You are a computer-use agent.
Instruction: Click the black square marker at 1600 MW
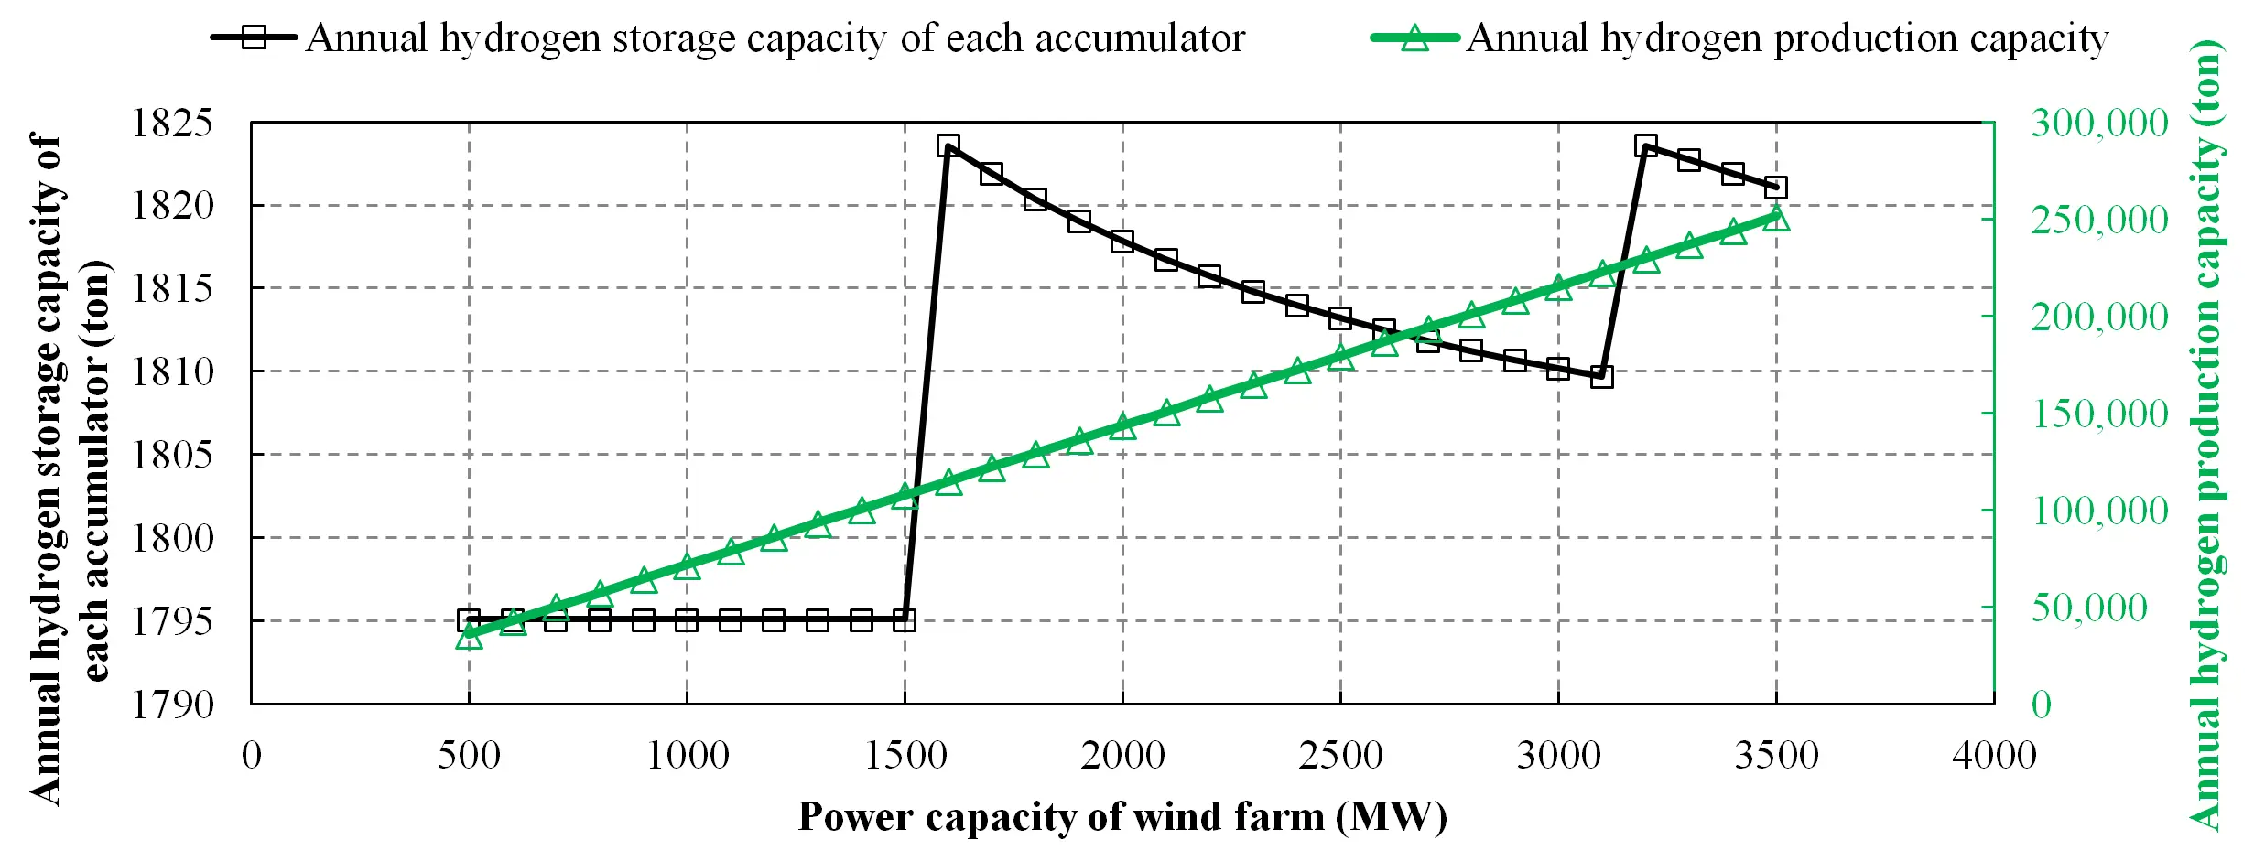(x=948, y=145)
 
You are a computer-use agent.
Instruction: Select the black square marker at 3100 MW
(x=1602, y=376)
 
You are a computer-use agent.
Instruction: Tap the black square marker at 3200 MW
(x=1646, y=145)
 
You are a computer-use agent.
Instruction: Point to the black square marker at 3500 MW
(x=1776, y=188)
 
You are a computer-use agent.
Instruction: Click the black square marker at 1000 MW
(x=687, y=620)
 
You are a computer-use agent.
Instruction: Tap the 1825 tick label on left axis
(x=173, y=123)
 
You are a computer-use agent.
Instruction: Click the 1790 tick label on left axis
(x=173, y=705)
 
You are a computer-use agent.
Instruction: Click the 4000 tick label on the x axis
(x=1994, y=756)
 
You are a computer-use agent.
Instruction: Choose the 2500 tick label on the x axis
(x=1340, y=756)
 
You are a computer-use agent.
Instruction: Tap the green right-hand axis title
(x=2207, y=436)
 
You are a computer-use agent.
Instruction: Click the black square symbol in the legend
(x=254, y=38)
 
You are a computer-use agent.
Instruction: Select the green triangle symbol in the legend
(x=1414, y=38)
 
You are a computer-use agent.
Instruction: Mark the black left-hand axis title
(x=70, y=468)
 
